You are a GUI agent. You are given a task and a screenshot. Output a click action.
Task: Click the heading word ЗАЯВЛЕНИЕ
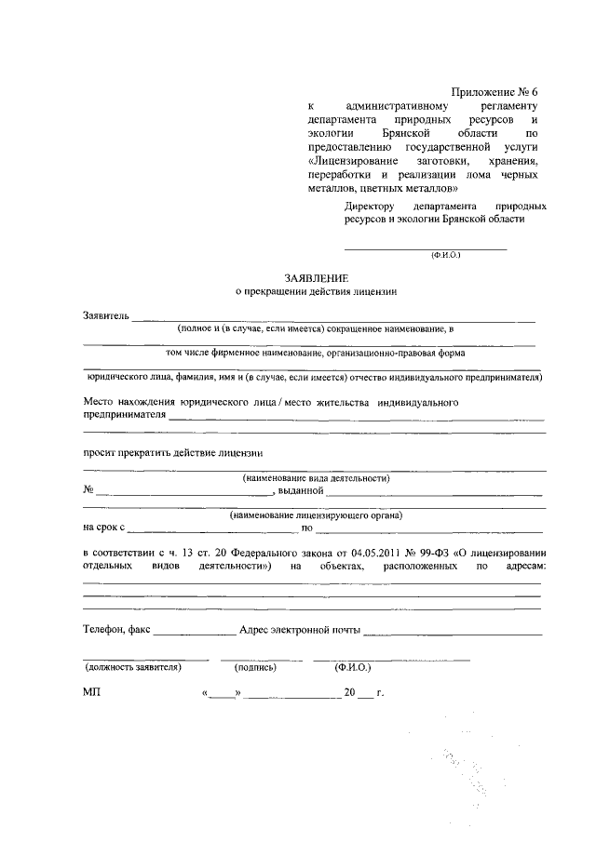coord(317,277)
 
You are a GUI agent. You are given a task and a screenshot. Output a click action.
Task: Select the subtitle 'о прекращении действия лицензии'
coord(317,291)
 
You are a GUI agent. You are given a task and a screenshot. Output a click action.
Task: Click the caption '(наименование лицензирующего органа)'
coord(316,515)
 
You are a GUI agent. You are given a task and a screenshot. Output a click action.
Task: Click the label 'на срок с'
coord(103,528)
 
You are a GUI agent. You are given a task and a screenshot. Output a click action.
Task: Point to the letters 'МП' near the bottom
coord(91,693)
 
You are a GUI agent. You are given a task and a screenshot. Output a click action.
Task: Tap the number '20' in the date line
coord(350,693)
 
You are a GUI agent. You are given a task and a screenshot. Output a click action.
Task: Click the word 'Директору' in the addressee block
coord(370,206)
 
